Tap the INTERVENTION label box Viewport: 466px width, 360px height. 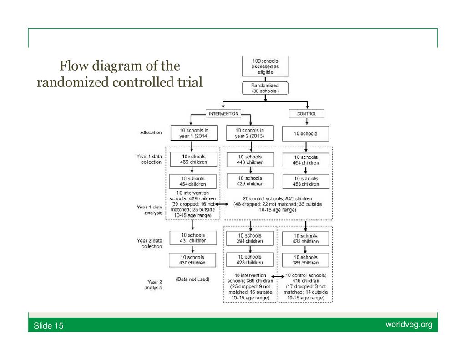click(x=223, y=114)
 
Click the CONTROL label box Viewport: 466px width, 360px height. click(x=307, y=114)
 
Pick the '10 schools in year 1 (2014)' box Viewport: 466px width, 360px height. click(x=192, y=133)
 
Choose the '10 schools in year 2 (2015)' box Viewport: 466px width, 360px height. click(x=250, y=133)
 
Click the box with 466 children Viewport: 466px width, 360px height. click(x=192, y=160)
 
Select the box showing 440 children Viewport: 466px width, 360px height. click(x=250, y=160)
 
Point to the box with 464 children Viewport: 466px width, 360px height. click(x=306, y=160)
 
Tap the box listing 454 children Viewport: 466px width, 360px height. click(x=192, y=181)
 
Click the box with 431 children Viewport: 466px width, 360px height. click(x=192, y=238)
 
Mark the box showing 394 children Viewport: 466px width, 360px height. click(x=250, y=238)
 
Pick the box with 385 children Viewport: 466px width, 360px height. click(x=306, y=260)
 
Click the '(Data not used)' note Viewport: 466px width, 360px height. click(x=192, y=279)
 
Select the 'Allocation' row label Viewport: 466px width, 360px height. click(x=151, y=132)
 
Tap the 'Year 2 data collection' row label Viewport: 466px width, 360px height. click(x=149, y=243)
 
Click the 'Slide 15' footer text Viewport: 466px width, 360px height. click(x=49, y=326)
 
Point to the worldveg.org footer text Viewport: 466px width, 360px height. click(x=409, y=325)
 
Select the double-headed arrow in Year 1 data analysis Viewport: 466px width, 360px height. click(x=222, y=205)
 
